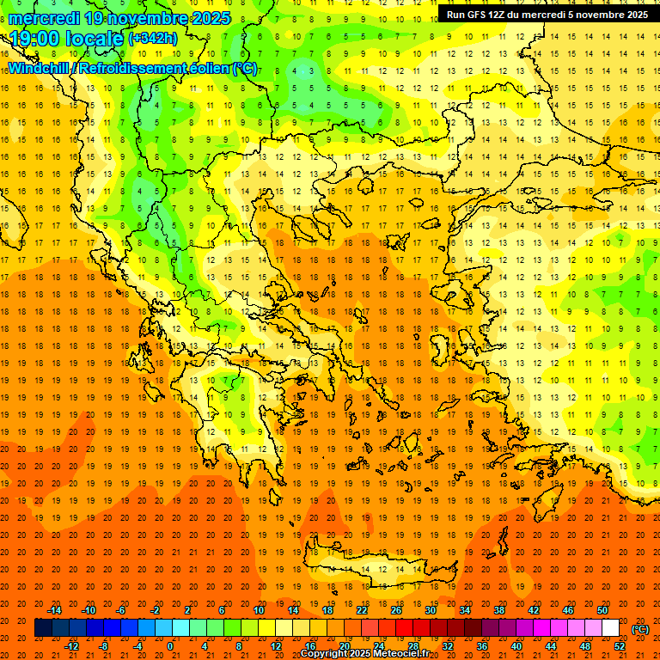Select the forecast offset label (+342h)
pyautogui.click(x=153, y=39)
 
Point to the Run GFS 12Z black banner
pyautogui.click(x=547, y=15)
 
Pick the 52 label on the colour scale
pyautogui.click(x=620, y=646)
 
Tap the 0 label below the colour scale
pyautogui.click(x=170, y=646)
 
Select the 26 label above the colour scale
pyautogui.click(x=396, y=610)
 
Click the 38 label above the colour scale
pyautogui.click(x=499, y=610)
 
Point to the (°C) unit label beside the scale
pyautogui.click(x=640, y=629)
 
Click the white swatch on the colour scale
pyautogui.click(x=611, y=628)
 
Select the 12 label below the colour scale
pyautogui.click(x=276, y=646)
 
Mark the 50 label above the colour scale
pyautogui.click(x=602, y=610)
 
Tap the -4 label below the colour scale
pyautogui.click(x=137, y=646)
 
